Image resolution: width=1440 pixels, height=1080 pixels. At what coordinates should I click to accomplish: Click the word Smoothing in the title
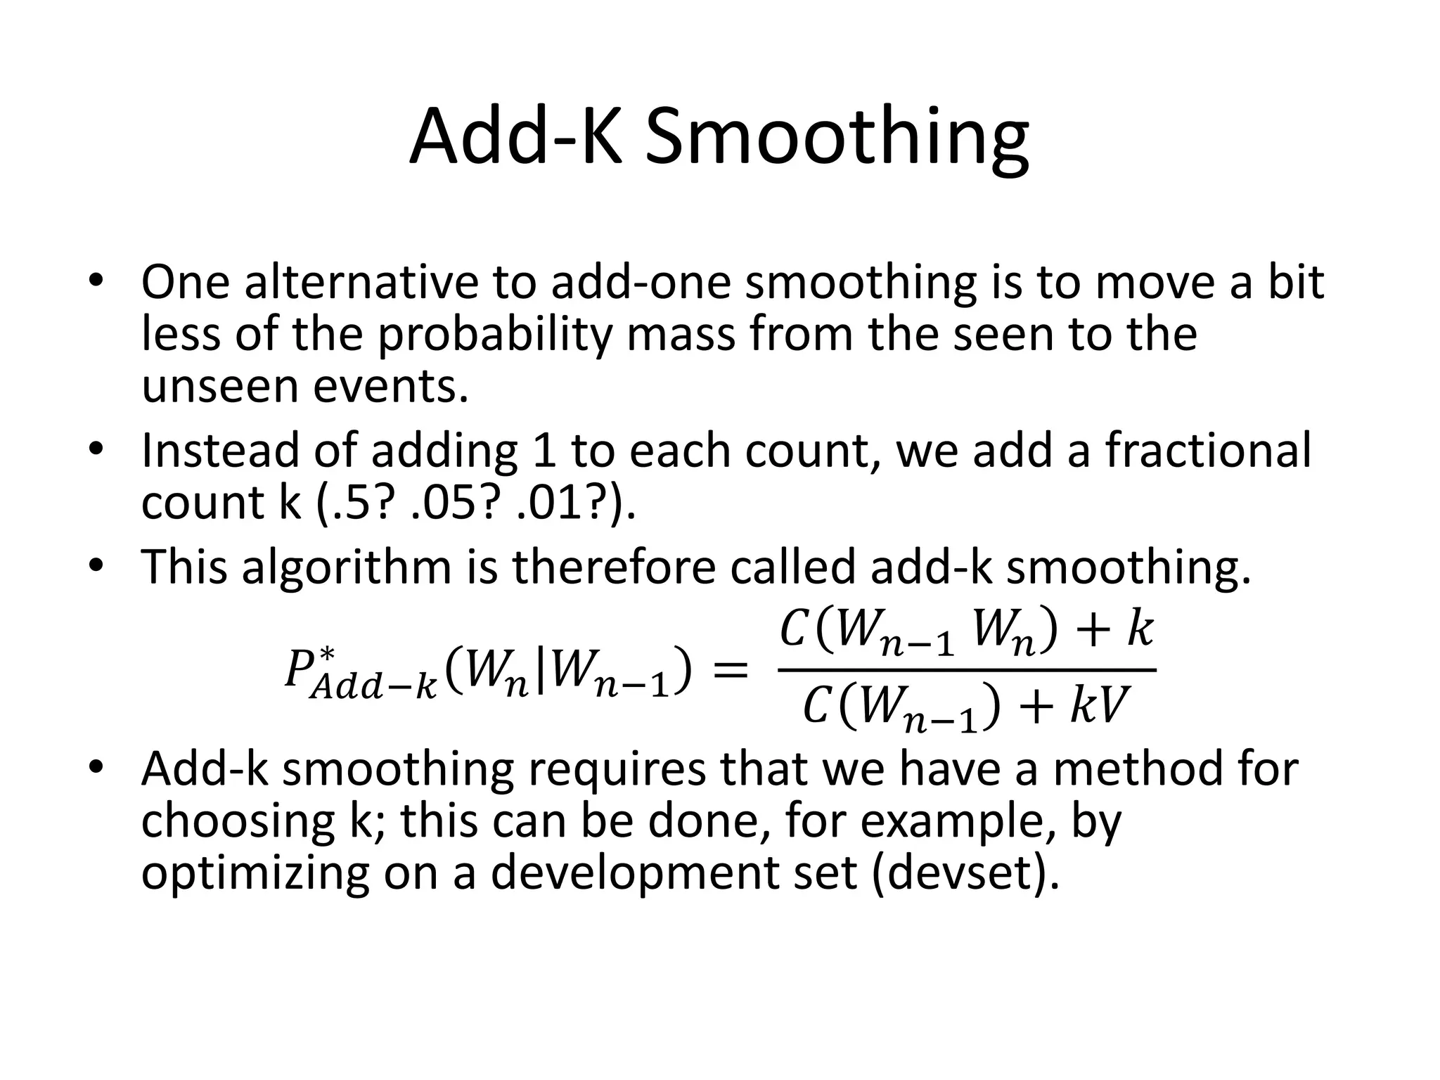point(837,139)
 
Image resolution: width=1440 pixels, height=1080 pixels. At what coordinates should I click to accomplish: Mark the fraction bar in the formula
point(966,670)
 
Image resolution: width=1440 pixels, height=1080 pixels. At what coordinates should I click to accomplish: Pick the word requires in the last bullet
point(616,771)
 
